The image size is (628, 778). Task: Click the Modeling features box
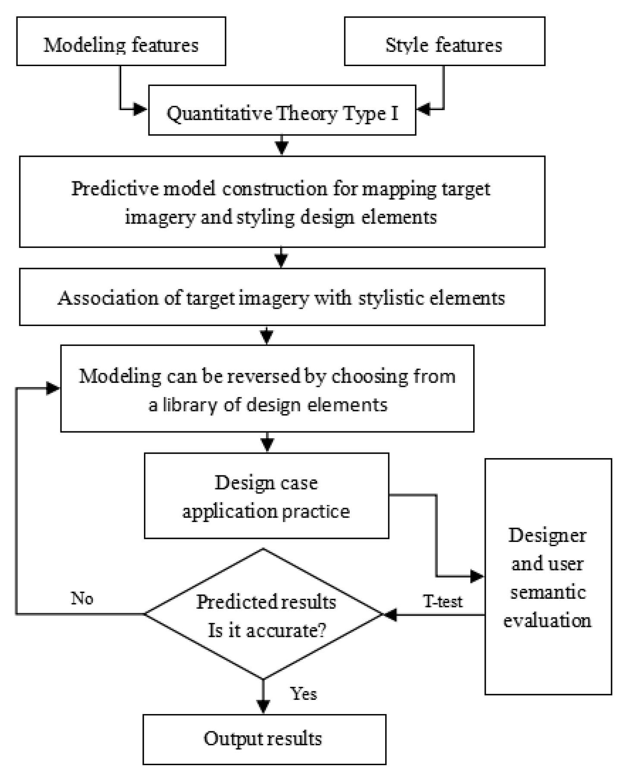[x=121, y=41]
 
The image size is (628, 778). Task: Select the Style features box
[x=444, y=41]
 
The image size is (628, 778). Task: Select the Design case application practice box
[x=266, y=496]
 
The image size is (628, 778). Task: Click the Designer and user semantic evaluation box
[x=548, y=577]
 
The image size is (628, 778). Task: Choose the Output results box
[x=264, y=739]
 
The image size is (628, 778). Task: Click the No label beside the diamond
[x=82, y=599]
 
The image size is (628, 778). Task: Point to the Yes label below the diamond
[x=304, y=694]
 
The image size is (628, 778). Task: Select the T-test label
[x=443, y=601]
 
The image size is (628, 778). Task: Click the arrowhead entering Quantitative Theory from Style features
[x=424, y=109]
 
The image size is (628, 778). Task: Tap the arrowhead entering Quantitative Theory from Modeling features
[x=141, y=109]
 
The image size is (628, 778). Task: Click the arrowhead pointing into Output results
[x=263, y=706]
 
